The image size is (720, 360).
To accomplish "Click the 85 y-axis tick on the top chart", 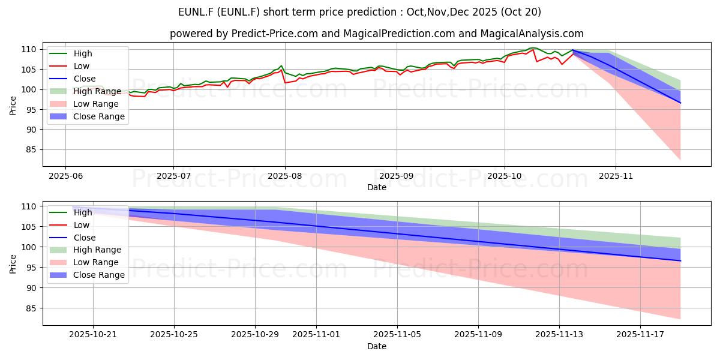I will click(x=32, y=150).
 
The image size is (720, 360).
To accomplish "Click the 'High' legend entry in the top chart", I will click(x=83, y=53).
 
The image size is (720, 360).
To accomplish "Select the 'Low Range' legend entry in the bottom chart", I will click(x=96, y=262).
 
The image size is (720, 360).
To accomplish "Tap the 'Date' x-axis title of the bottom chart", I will click(x=376, y=346).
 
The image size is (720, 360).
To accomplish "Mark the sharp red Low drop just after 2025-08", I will click(x=285, y=82).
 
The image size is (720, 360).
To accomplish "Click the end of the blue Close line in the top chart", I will click(x=680, y=103).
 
